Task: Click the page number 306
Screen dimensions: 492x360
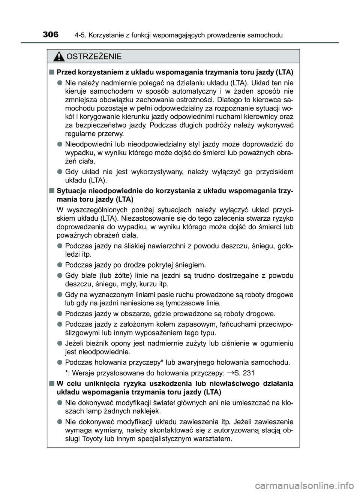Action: [x=50, y=35]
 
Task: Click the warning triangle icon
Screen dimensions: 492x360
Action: [x=58, y=57]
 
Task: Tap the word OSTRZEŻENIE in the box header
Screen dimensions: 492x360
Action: [x=94, y=57]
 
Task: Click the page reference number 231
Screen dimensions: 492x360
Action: [x=249, y=373]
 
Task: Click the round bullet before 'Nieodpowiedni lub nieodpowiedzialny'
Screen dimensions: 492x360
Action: [x=60, y=144]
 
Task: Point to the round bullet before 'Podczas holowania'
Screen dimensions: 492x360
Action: [x=60, y=362]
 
